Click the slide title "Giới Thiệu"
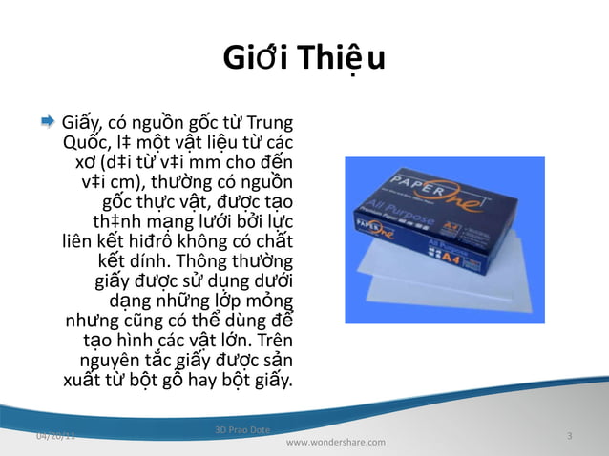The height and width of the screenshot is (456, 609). [x=304, y=60]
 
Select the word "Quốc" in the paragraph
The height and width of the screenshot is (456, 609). [x=82, y=143]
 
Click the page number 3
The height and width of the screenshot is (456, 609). [x=569, y=436]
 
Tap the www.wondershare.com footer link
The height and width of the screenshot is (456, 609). [x=336, y=443]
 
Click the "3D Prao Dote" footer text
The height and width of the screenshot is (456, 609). [x=243, y=431]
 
